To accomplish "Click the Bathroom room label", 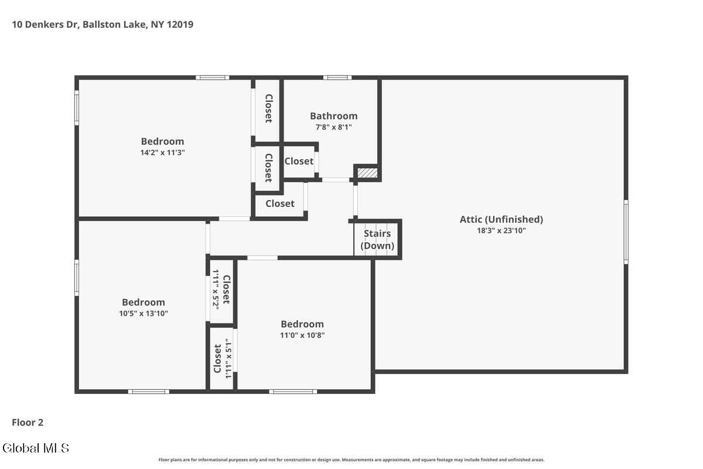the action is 333,116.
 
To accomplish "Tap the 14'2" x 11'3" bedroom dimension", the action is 162,152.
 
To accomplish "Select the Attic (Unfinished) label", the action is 501,219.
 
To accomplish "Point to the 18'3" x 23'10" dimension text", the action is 501,230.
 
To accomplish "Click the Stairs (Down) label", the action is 377,239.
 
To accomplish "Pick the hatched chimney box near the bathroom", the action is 367,173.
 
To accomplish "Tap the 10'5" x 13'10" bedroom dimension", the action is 144,314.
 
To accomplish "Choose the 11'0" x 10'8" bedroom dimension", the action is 302,335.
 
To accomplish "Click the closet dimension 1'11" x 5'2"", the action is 216,290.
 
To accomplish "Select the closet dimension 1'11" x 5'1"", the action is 228,358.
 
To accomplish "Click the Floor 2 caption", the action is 28,423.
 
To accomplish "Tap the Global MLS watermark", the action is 36,448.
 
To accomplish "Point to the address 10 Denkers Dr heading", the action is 103,25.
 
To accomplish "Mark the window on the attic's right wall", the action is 626,232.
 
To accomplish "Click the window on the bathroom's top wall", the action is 337,77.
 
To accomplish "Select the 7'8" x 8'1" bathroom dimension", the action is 333,127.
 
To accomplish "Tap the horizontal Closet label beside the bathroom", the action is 299,161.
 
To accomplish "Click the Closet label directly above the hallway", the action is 280,203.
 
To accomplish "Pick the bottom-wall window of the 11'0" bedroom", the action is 293,392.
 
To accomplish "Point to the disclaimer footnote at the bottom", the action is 351,460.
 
